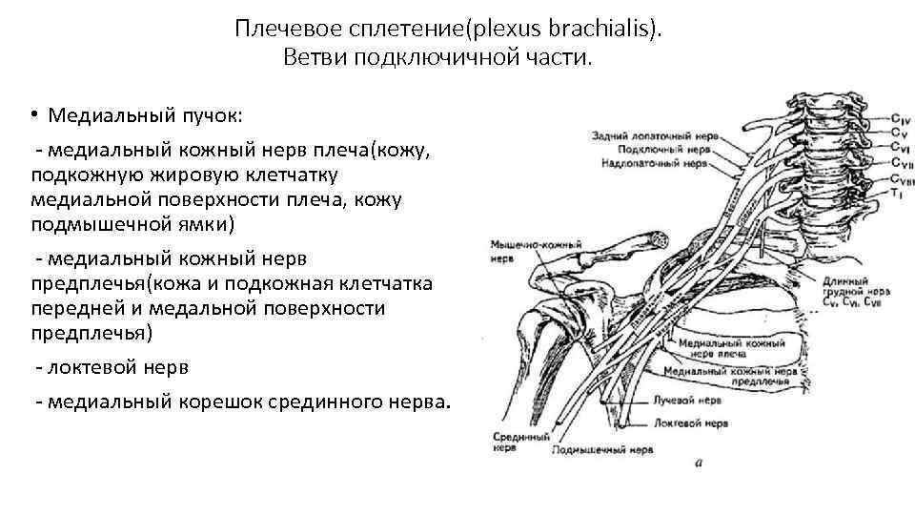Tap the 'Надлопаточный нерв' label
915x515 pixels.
pyautogui.click(x=657, y=163)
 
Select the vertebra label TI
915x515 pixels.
pyautogui.click(x=896, y=194)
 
